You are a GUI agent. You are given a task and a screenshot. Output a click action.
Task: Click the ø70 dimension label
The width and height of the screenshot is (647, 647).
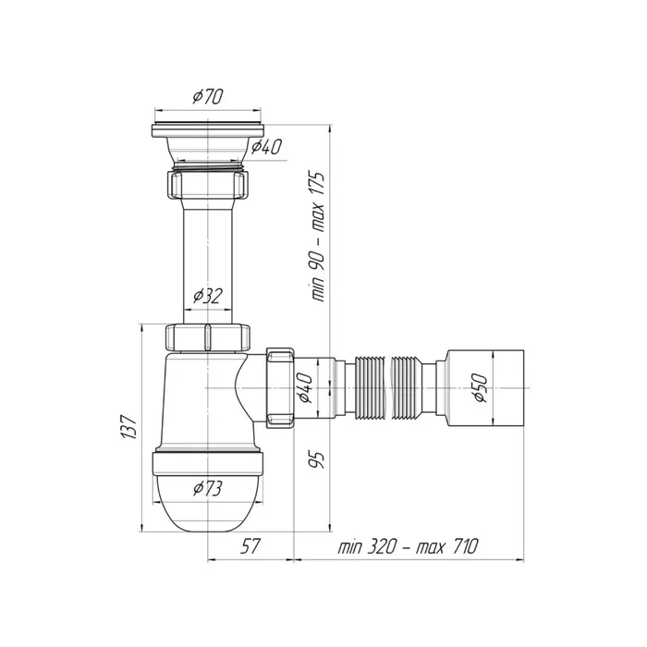[208, 96]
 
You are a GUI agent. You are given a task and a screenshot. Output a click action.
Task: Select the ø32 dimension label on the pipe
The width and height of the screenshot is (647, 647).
[208, 296]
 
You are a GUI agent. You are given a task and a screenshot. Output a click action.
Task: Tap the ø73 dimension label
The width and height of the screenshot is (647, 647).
[208, 489]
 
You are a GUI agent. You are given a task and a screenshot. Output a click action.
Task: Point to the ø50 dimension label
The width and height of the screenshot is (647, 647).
[480, 388]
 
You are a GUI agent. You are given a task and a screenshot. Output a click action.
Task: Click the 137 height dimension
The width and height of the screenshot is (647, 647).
[128, 426]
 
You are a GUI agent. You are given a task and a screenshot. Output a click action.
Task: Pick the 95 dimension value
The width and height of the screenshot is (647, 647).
[317, 459]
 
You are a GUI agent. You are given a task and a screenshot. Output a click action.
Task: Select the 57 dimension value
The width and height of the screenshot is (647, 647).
[250, 546]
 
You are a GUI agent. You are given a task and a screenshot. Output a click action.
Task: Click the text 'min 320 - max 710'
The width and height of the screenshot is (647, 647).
[408, 546]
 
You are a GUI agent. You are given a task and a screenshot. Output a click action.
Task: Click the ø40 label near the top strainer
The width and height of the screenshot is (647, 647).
[266, 146]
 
